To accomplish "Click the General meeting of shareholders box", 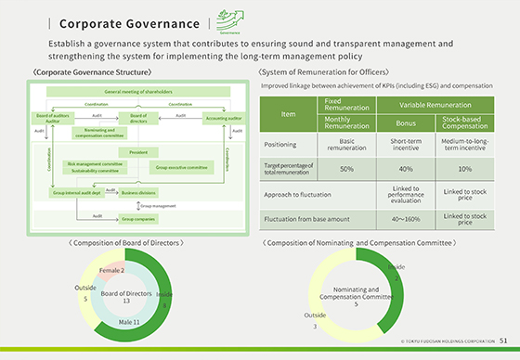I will [x=138, y=93].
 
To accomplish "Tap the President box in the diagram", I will [x=138, y=151].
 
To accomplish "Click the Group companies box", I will [x=137, y=218].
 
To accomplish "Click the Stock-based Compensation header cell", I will [x=466, y=122].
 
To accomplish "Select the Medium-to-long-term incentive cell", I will [x=466, y=146].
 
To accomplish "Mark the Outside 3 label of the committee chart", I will [x=315, y=320].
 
